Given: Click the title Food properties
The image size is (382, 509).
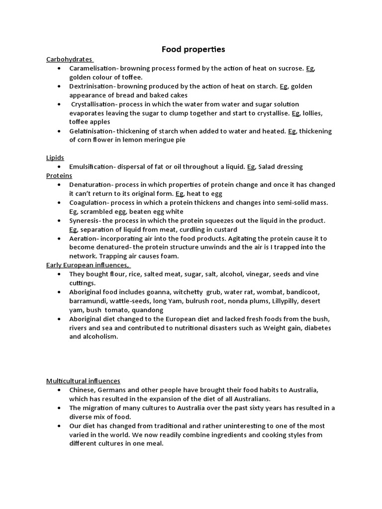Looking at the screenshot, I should coord(193,49).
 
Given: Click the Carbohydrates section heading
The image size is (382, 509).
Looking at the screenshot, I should coord(69,59).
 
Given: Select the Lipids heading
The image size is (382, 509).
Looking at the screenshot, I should coord(55,158).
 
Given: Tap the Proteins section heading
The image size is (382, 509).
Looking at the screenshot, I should coord(59,175).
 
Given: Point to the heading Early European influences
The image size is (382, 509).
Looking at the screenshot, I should coord(88,265).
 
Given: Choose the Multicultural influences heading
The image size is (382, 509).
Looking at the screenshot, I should coord(83,381).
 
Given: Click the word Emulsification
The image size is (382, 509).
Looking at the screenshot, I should coord(92,167).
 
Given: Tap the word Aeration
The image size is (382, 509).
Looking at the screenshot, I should coord(83,238).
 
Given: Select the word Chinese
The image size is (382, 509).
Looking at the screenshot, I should coord(82,390).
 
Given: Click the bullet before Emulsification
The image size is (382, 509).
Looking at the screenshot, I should coord(59,167).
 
